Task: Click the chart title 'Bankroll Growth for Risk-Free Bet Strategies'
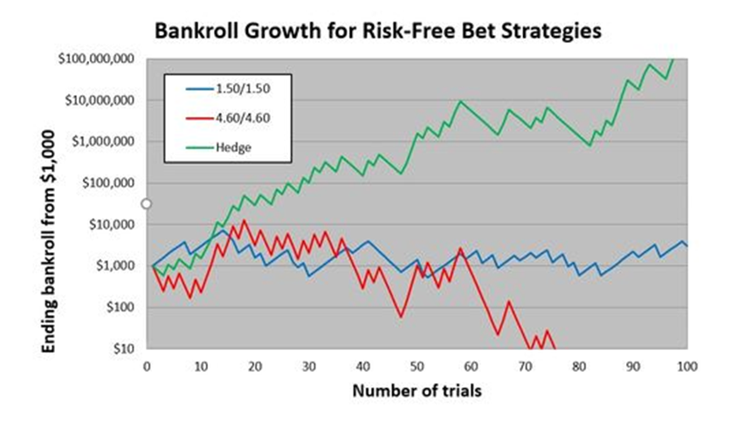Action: point(378,31)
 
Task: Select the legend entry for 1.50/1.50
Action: point(228,89)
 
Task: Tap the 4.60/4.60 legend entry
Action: point(228,118)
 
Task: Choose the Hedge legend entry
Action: point(218,147)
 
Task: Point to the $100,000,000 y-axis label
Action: point(96,58)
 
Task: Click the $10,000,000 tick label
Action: point(100,100)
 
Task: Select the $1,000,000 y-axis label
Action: point(103,141)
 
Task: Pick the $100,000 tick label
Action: point(108,182)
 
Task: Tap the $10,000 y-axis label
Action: point(112,224)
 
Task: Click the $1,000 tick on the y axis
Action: point(114,265)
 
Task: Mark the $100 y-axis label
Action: point(120,307)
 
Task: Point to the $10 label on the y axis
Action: point(124,349)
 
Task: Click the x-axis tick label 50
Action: point(417,367)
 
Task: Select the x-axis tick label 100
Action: point(687,367)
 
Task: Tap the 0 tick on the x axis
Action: point(147,367)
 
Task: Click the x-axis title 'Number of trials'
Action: point(417,391)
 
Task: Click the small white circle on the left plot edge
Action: point(147,203)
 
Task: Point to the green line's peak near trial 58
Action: point(460,101)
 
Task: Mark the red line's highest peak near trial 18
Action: point(245,220)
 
